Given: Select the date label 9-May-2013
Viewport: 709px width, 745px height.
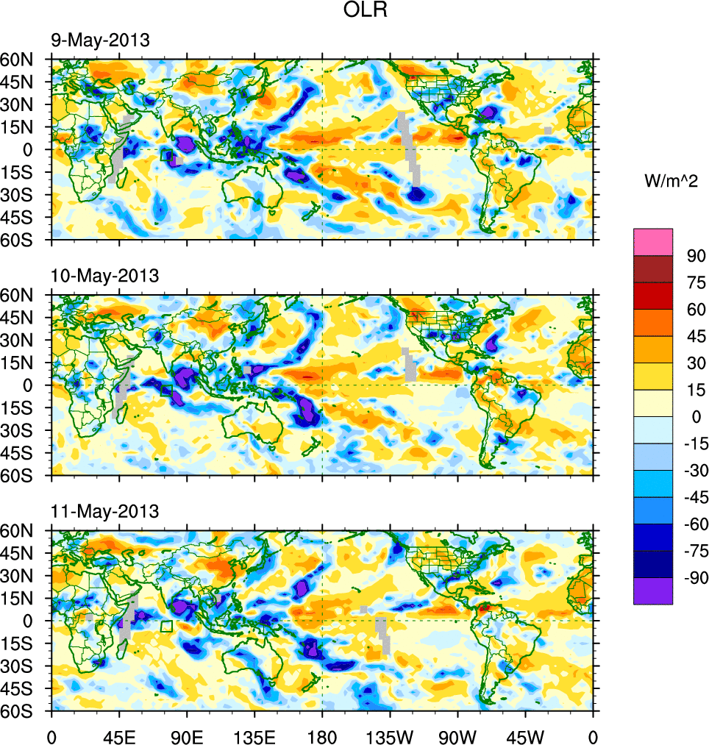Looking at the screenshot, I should tap(100, 40).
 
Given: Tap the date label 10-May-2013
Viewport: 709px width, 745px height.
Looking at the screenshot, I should tap(104, 276).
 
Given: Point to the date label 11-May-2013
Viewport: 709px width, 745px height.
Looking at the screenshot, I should tap(104, 511).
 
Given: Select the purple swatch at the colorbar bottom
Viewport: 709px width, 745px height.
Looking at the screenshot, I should tap(653, 591).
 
